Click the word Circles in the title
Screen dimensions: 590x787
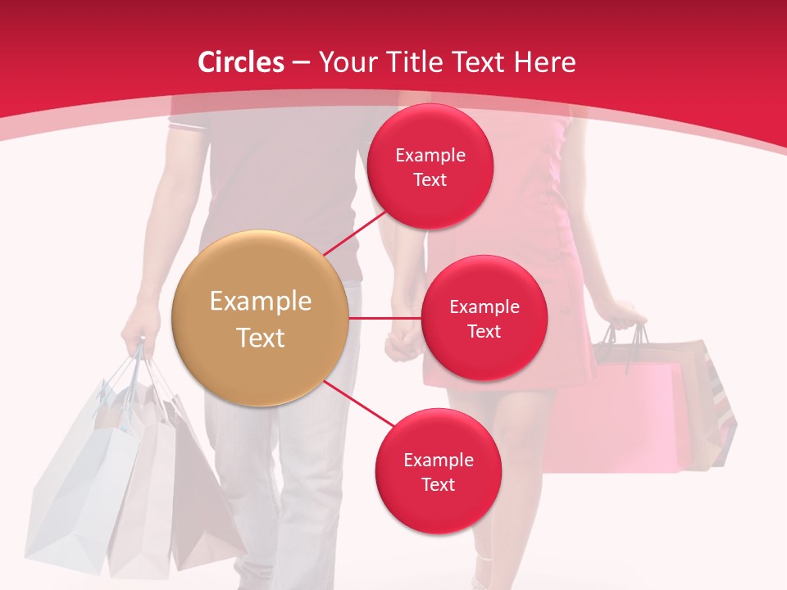coord(241,62)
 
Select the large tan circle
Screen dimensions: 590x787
coord(260,318)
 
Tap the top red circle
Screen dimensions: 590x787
coord(430,166)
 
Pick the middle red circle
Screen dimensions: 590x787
coord(484,318)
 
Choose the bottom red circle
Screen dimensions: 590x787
coord(438,471)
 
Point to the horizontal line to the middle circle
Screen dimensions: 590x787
coord(384,318)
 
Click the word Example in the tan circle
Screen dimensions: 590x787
coord(260,301)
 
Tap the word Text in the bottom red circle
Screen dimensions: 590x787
coord(438,484)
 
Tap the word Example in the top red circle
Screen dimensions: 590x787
coord(430,155)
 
